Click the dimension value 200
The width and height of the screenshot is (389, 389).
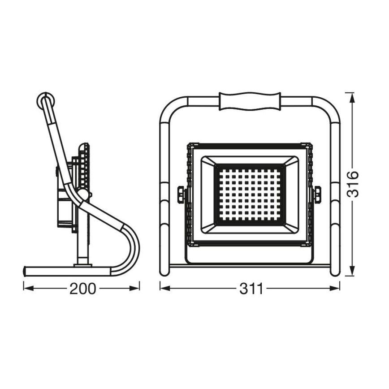click(x=82, y=289)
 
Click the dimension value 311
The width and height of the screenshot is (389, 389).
click(x=251, y=289)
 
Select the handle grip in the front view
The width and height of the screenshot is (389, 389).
click(x=250, y=101)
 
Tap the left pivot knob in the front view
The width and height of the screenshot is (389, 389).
click(x=181, y=194)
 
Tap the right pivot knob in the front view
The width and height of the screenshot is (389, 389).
click(x=318, y=194)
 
